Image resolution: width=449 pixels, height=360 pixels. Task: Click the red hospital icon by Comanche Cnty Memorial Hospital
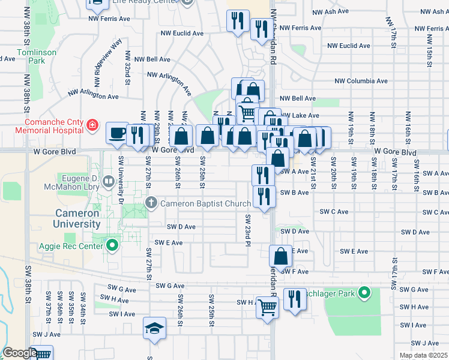point(92,125)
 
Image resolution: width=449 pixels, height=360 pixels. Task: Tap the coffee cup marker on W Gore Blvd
point(116,133)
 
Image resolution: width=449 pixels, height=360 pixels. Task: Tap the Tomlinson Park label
point(37,56)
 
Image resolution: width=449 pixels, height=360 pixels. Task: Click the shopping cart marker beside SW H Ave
point(267,307)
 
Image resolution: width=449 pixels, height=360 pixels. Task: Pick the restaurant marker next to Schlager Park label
point(294,299)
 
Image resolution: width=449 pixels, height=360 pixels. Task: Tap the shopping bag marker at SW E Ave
point(280,256)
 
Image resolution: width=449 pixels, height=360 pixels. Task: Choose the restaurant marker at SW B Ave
point(264,196)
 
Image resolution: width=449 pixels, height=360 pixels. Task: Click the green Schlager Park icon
point(364,293)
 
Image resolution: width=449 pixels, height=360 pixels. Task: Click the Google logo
point(19,353)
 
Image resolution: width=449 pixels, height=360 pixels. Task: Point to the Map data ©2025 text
point(423,355)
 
